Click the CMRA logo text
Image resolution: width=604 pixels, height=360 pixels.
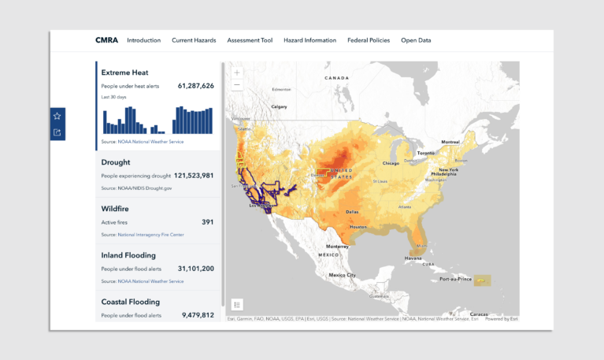pyautogui.click(x=106, y=40)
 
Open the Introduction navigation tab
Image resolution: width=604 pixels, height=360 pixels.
pyautogui.click(x=143, y=40)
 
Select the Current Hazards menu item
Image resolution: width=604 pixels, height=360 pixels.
pyautogui.click(x=194, y=40)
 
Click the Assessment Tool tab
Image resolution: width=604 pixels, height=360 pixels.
pyautogui.click(x=250, y=40)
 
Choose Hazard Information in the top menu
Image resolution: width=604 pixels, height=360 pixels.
pyautogui.click(x=309, y=40)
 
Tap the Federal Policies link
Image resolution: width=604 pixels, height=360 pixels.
pyautogui.click(x=369, y=40)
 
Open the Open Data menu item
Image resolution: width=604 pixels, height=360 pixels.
pyautogui.click(x=416, y=40)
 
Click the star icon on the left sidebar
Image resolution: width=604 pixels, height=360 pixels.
pyautogui.click(x=57, y=116)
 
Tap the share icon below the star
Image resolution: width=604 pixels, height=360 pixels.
pyautogui.click(x=57, y=132)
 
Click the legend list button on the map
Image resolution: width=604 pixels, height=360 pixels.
pyautogui.click(x=237, y=305)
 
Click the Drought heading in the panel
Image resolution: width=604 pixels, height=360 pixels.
pyautogui.click(x=116, y=162)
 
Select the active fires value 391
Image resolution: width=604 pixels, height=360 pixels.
pyautogui.click(x=207, y=222)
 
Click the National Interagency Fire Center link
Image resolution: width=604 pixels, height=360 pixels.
pyautogui.click(x=145, y=235)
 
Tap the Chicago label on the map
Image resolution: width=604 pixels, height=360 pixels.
pyautogui.click(x=391, y=163)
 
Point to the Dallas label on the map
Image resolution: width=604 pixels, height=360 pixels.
pyautogui.click(x=353, y=211)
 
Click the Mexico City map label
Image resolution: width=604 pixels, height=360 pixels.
pyautogui.click(x=342, y=275)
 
